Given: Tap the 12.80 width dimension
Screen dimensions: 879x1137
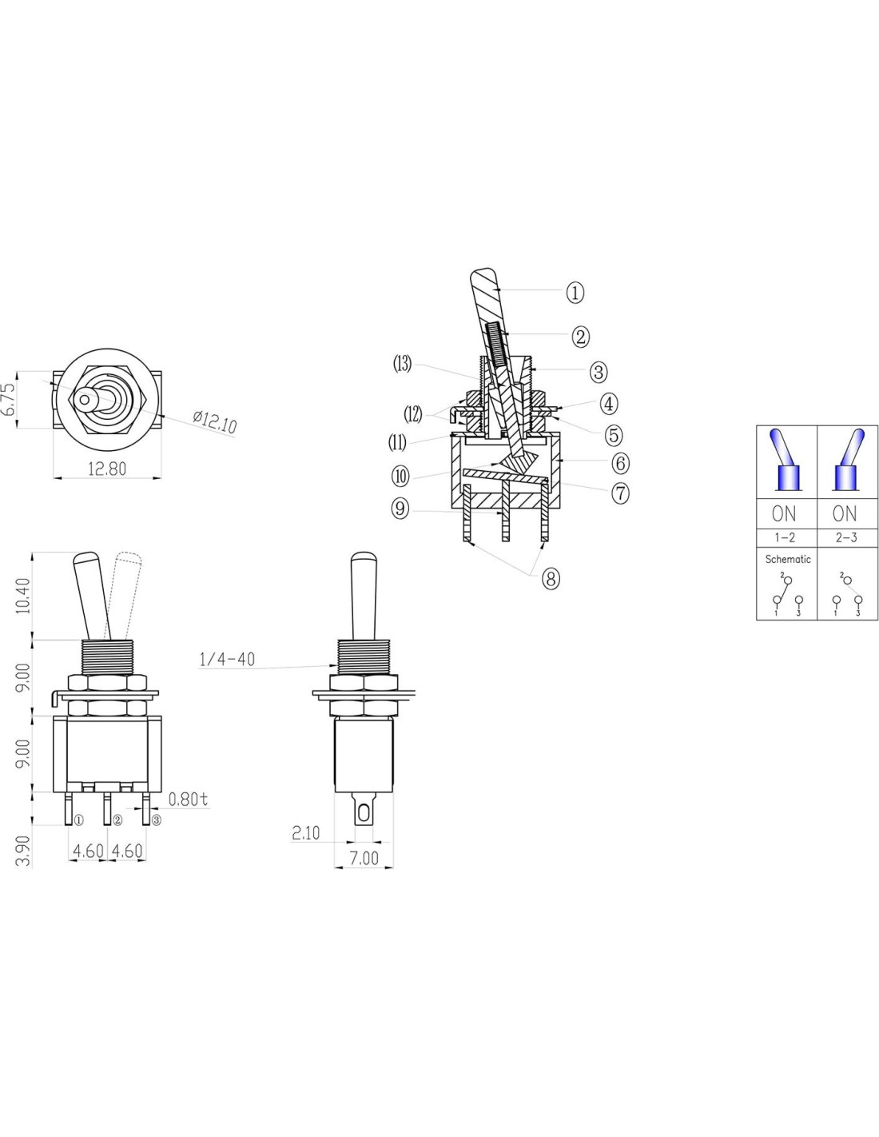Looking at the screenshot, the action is (x=106, y=469).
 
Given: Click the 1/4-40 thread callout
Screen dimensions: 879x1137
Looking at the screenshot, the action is (x=227, y=660).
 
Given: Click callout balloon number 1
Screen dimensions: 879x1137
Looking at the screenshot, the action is (x=575, y=292).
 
